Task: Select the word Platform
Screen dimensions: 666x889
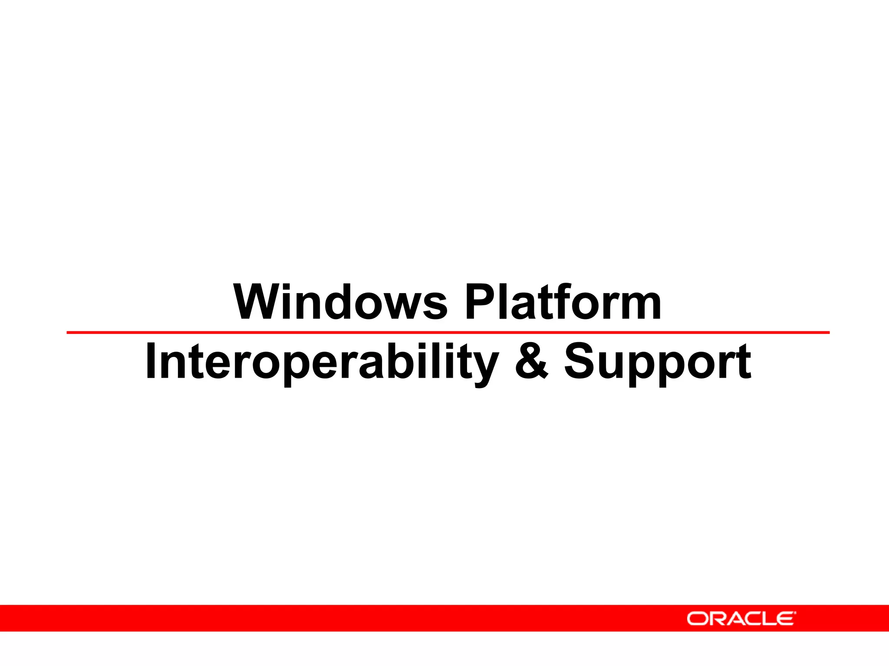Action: click(563, 302)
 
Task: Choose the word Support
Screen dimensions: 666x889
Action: click(657, 362)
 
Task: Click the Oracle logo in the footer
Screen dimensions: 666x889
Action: click(741, 618)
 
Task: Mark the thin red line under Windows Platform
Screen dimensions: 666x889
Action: click(447, 333)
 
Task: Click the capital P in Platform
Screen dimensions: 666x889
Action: click(480, 302)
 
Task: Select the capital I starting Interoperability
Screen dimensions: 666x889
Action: click(151, 361)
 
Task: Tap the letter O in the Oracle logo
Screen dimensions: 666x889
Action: click(698, 619)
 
